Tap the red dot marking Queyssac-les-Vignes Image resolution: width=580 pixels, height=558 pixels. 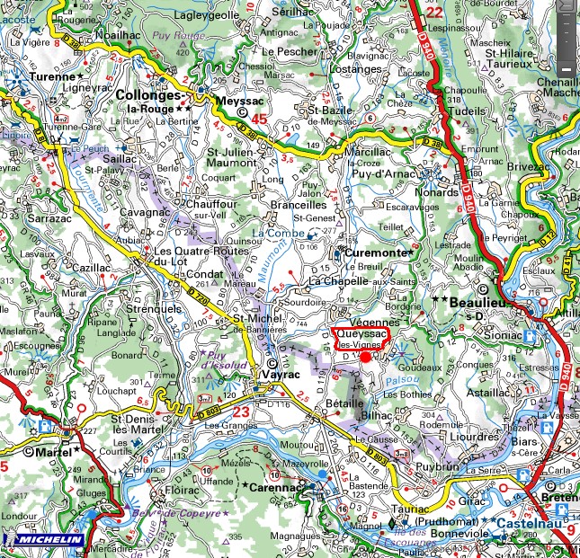[x=365, y=357]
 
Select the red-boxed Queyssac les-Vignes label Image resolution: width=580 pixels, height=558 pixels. [x=362, y=338]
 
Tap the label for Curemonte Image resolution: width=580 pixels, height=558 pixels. [x=377, y=254]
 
